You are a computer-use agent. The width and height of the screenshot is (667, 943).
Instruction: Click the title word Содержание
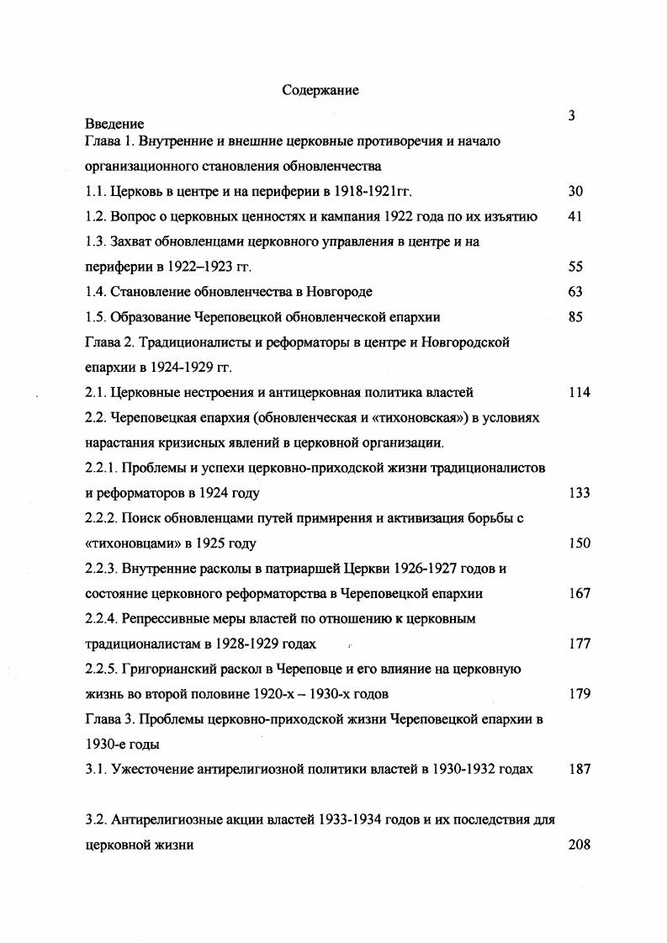(320, 91)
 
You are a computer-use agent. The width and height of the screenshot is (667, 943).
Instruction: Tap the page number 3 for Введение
(571, 116)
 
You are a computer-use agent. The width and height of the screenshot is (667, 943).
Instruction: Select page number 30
(575, 192)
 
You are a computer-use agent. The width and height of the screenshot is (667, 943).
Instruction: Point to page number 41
(575, 217)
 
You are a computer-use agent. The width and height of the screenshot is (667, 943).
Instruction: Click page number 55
(575, 268)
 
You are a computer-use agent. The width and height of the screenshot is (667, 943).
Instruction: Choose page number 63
(575, 292)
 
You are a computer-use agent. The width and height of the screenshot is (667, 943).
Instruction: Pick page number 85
(575, 317)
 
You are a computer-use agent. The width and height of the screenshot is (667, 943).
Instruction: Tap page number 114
(579, 392)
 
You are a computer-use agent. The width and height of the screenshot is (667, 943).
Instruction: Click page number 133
(579, 493)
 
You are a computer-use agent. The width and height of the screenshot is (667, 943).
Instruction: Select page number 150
(579, 543)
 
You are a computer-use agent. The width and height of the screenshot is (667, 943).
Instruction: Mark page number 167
(579, 594)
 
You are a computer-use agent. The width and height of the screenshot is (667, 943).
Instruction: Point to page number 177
(579, 644)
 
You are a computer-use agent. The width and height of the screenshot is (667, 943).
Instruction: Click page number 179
(579, 694)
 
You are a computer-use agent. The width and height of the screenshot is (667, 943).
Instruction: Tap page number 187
(579, 769)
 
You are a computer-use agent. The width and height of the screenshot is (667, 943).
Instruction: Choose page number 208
(579, 845)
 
